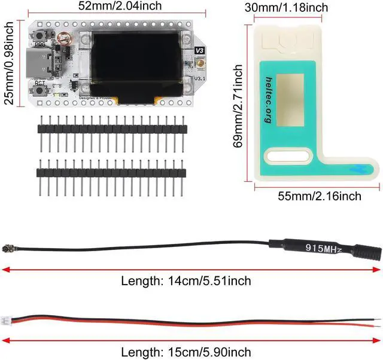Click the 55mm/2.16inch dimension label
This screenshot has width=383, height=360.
(x=320, y=196)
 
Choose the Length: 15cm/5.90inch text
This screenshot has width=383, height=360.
(x=186, y=352)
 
